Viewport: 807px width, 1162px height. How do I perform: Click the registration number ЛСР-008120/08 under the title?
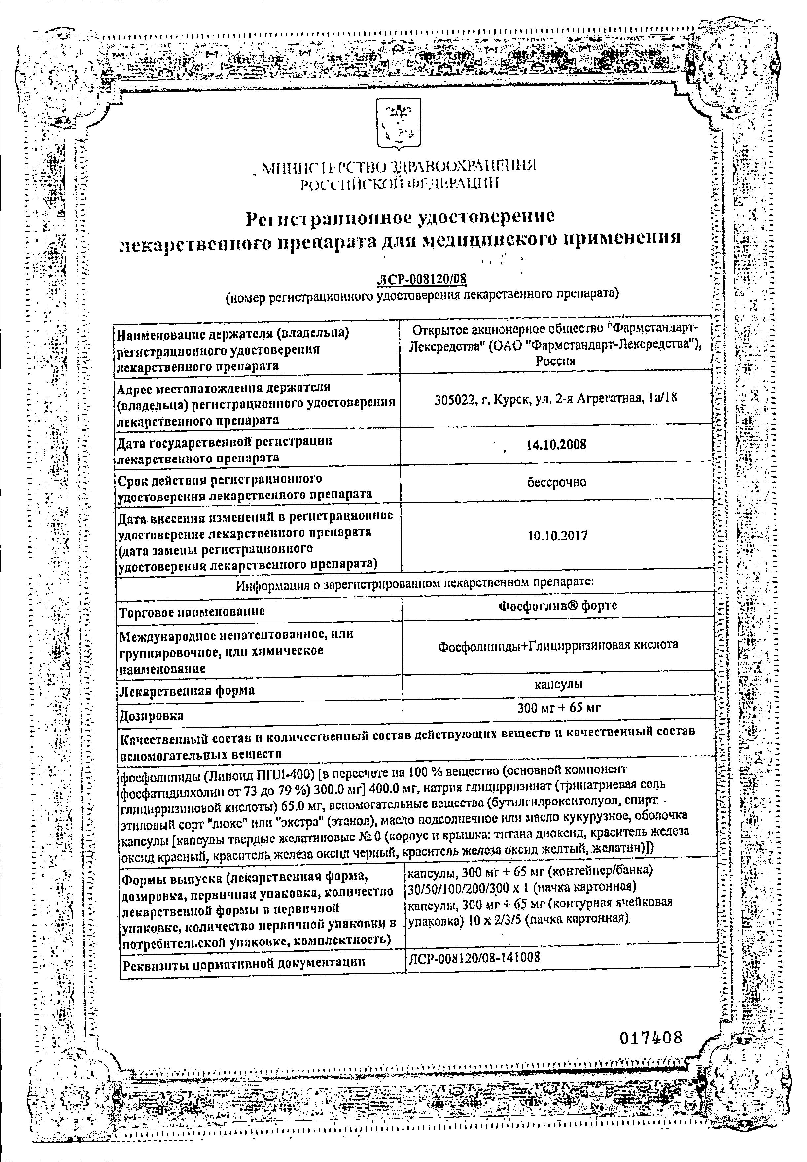pyautogui.click(x=421, y=279)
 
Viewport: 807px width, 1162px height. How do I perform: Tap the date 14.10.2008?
pyautogui.click(x=556, y=445)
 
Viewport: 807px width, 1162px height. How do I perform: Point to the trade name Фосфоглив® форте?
pyautogui.click(x=558, y=605)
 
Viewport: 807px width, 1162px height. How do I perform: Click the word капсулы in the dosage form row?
pyautogui.click(x=559, y=684)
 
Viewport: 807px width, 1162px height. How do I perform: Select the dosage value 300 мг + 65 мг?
pyautogui.click(x=559, y=708)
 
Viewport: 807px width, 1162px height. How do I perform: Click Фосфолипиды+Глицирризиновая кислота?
pyautogui.click(x=558, y=645)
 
